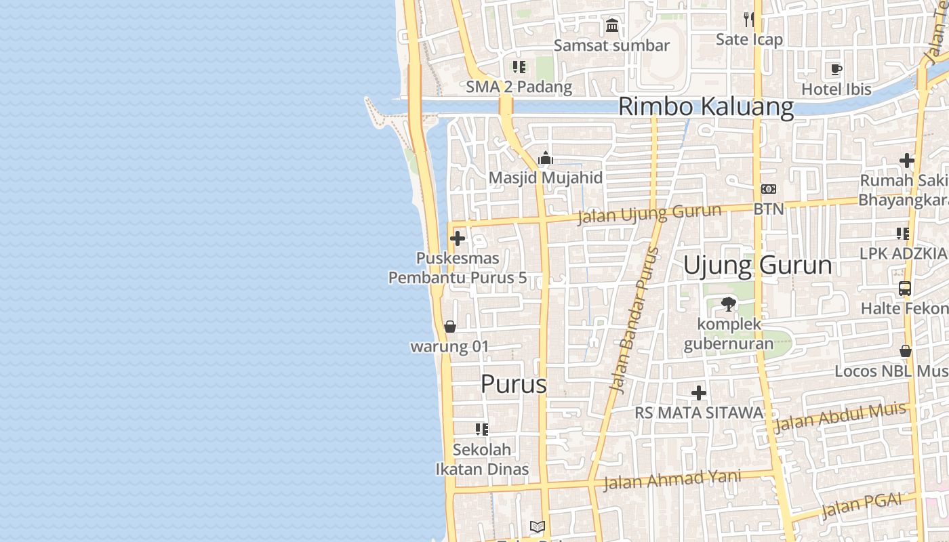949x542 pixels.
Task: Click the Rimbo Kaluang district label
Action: click(x=706, y=107)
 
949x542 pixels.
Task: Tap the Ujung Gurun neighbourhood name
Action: click(x=757, y=265)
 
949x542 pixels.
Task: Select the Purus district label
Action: click(x=513, y=384)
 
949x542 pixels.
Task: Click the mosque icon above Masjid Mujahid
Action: click(x=546, y=159)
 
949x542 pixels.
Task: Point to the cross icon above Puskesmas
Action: click(x=458, y=238)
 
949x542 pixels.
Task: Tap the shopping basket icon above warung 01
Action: click(x=449, y=327)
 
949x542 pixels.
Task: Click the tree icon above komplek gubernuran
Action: click(x=729, y=304)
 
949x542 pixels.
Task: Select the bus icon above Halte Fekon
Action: click(x=904, y=289)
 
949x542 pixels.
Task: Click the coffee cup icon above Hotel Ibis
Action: click(x=836, y=69)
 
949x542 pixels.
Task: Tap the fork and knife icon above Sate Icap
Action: click(x=749, y=19)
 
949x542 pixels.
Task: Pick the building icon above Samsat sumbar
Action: click(x=612, y=26)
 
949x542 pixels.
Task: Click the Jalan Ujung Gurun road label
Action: click(x=649, y=214)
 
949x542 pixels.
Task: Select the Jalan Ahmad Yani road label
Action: click(x=671, y=480)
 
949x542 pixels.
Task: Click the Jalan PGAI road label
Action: click(x=862, y=505)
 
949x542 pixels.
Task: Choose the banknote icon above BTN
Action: click(x=769, y=190)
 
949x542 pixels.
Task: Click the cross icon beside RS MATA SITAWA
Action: click(x=699, y=393)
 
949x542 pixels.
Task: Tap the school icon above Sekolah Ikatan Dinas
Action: click(x=482, y=429)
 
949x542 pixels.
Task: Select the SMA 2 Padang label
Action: click(x=519, y=87)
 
